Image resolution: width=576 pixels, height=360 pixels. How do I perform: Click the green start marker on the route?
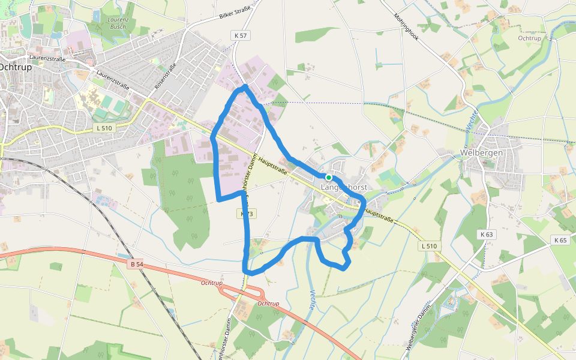click(x=329, y=178)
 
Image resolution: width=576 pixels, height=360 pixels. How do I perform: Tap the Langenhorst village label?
click(x=344, y=188)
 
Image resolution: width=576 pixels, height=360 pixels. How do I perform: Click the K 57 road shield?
click(x=241, y=36)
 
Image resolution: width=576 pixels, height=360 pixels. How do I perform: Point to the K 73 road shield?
click(x=247, y=214)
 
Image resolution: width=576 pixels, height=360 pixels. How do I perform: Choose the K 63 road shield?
click(x=486, y=234)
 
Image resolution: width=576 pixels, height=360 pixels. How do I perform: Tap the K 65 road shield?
click(x=560, y=240)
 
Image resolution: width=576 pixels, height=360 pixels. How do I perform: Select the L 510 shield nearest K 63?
click(x=430, y=246)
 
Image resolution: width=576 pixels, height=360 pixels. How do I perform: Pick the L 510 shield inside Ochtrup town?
click(x=104, y=128)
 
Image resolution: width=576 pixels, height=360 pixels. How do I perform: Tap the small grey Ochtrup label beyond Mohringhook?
click(x=530, y=38)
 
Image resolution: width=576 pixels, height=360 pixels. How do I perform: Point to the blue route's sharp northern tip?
click(x=245, y=88)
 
